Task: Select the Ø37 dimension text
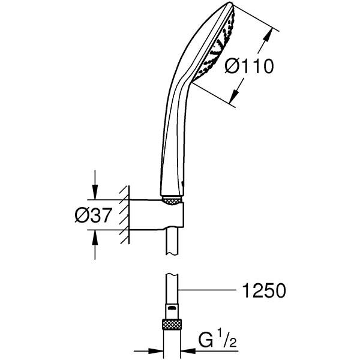(x=93, y=216)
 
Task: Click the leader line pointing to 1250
(x=210, y=292)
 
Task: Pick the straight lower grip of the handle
(x=168, y=156)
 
